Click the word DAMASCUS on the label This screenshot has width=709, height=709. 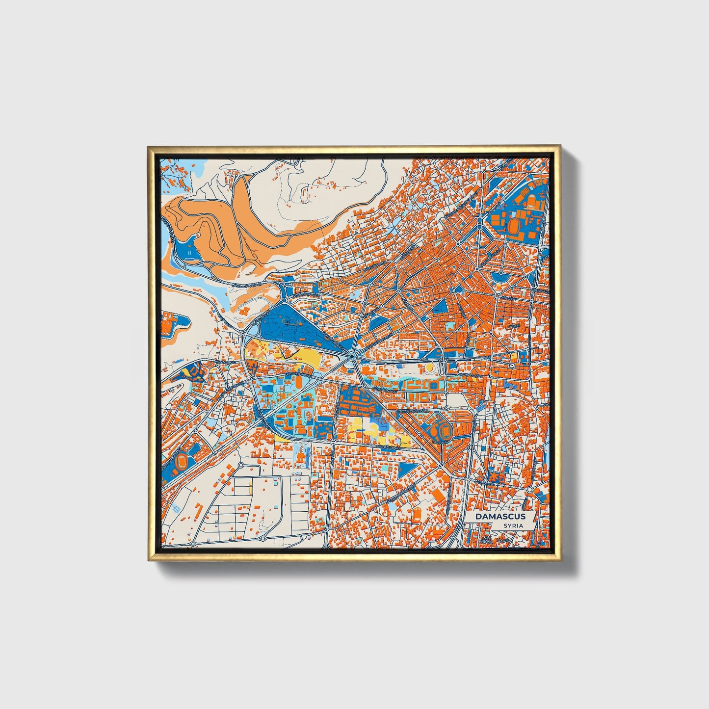[500, 516]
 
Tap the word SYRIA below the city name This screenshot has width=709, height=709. [513, 525]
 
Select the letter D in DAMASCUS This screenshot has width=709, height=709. [477, 516]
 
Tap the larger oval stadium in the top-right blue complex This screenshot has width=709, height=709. [515, 226]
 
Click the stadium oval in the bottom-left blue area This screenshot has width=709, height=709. [181, 461]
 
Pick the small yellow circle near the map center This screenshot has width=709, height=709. [430, 366]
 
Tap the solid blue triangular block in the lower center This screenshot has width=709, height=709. [407, 469]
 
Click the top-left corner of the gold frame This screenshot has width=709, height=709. [149, 147]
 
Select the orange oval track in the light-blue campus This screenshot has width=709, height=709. [298, 381]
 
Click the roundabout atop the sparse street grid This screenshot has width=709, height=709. [241, 465]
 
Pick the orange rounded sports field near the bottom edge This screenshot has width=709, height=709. [417, 514]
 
